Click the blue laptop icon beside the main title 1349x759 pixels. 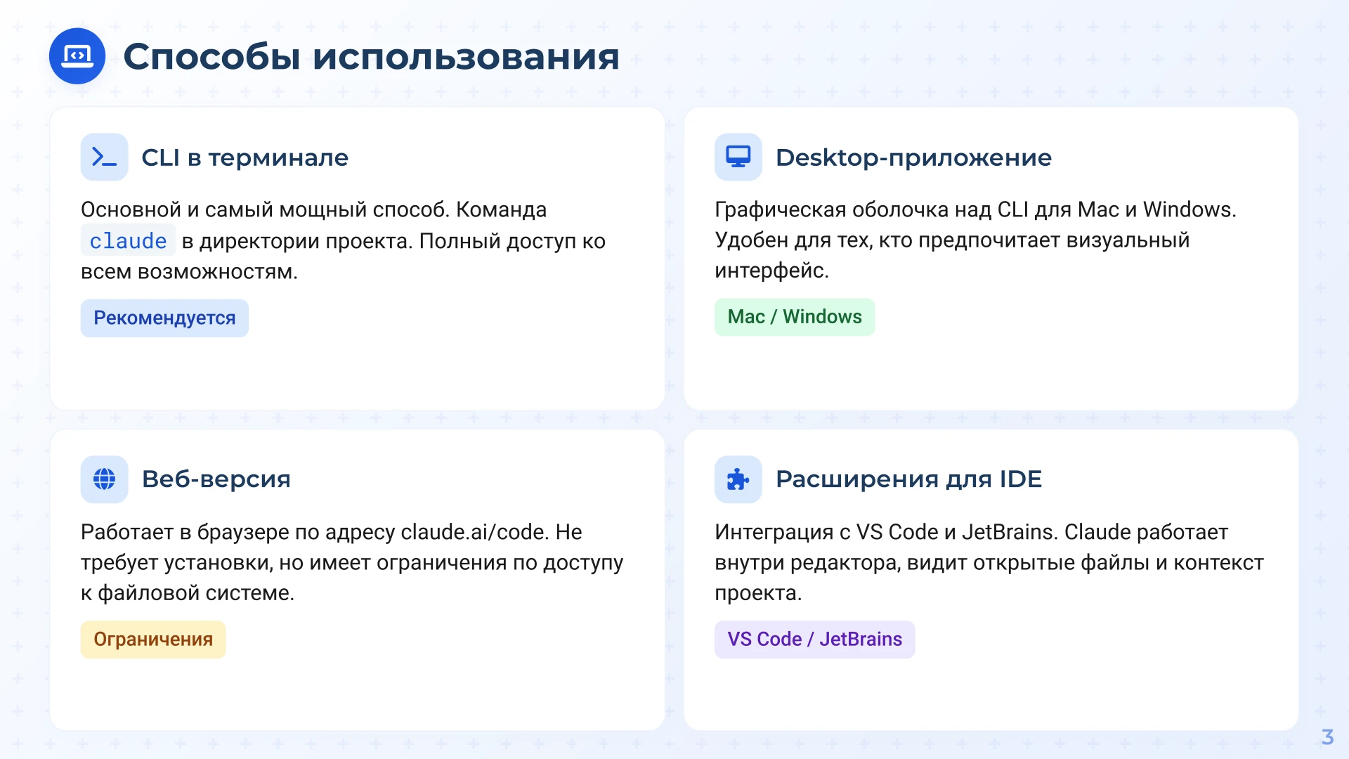(77, 56)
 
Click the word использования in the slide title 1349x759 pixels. (465, 57)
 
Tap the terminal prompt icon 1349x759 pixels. (104, 157)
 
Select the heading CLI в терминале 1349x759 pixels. (245, 157)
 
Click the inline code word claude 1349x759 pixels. (128, 241)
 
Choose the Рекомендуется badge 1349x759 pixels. (164, 318)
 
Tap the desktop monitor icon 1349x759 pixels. (738, 157)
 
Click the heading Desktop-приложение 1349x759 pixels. (913, 157)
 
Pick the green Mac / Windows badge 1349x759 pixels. (794, 317)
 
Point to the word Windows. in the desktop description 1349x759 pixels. (1189, 209)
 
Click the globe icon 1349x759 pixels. (104, 479)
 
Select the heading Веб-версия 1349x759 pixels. (216, 479)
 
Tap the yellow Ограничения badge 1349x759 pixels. (153, 640)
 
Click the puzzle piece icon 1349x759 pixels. (738, 479)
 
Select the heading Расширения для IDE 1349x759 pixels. (908, 479)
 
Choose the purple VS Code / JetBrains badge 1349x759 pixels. (814, 640)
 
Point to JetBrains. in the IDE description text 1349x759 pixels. (1009, 532)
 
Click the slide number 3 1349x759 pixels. (1327, 737)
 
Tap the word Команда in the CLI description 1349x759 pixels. (501, 209)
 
